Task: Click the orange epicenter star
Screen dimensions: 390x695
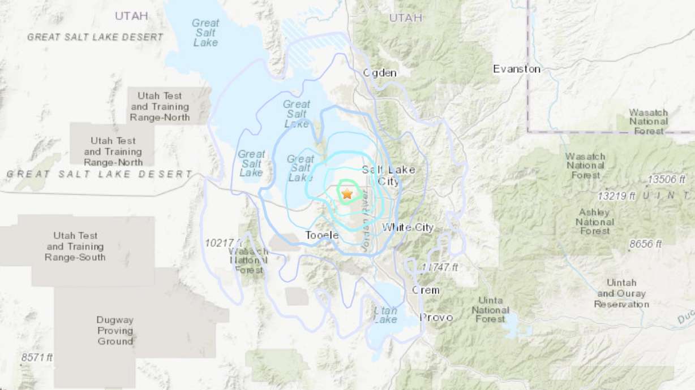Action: coord(347,194)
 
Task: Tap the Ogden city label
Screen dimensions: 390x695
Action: coord(379,72)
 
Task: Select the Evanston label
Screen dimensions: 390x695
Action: coord(516,69)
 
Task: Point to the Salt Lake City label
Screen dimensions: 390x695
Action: coord(388,175)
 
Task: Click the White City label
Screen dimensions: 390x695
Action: coord(407,227)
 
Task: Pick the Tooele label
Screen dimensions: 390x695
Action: coord(321,235)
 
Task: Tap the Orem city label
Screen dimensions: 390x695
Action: coord(425,290)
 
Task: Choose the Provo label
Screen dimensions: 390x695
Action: coord(436,317)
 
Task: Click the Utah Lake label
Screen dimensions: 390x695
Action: coord(385,315)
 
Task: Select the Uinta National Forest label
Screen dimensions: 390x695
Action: coord(490,310)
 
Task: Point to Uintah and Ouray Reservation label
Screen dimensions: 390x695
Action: coord(621,293)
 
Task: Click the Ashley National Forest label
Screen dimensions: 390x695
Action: coord(595,221)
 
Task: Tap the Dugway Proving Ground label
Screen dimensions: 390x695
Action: coord(115,331)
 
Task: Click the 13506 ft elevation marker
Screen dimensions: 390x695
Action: coord(667,179)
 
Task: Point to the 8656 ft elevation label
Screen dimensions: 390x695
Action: coord(645,244)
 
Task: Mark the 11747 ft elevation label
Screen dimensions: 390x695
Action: coord(439,267)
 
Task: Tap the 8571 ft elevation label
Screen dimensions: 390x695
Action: coord(37,357)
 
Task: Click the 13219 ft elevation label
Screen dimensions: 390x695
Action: coord(617,196)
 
